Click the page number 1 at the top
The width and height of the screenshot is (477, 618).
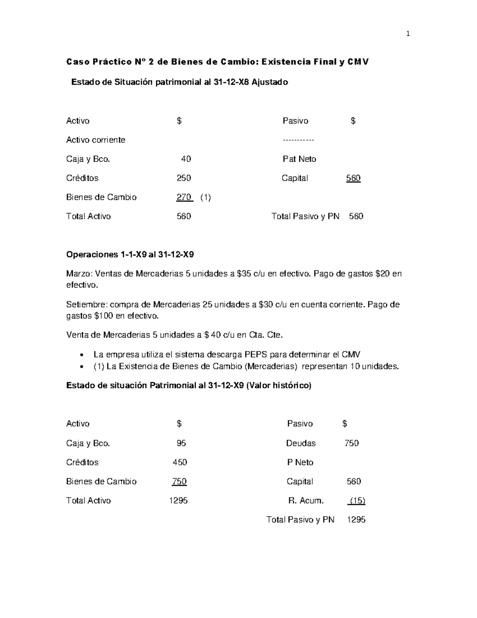click(x=407, y=34)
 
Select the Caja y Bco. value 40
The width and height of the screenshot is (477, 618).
click(x=186, y=159)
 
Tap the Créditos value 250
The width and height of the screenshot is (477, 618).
click(x=184, y=178)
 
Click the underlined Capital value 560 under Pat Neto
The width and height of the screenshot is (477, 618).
click(x=353, y=178)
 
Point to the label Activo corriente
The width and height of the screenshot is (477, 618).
click(x=95, y=140)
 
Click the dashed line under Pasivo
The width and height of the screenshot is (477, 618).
click(x=298, y=140)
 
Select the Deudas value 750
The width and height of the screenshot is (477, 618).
click(x=351, y=443)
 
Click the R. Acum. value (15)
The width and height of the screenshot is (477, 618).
click(x=357, y=501)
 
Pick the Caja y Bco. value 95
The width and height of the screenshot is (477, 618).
click(x=181, y=443)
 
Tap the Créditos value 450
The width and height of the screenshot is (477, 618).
click(x=180, y=462)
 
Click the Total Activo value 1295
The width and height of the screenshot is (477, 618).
click(x=178, y=501)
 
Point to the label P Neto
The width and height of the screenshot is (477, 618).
click(x=300, y=462)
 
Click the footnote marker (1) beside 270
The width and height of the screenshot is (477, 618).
click(x=206, y=197)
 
